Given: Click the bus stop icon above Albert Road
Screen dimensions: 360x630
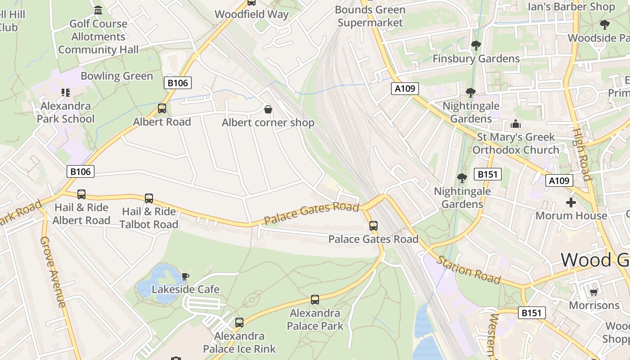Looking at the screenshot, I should (x=162, y=108).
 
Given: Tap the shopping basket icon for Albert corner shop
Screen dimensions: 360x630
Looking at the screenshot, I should (x=268, y=109).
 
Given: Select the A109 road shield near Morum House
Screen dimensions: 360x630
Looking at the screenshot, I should (x=560, y=180).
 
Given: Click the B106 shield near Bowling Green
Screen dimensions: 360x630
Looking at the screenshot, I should (x=178, y=83).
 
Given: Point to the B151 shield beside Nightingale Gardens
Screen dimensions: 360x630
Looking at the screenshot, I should (x=488, y=174).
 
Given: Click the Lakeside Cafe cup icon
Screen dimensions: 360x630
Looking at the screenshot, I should (x=185, y=276).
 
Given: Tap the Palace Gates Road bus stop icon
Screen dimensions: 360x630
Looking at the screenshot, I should (x=373, y=226).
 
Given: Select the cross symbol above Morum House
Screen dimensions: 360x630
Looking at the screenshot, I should (x=571, y=202).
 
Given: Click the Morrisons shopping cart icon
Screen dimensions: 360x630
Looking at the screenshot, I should (x=594, y=292).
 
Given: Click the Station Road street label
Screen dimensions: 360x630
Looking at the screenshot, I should (x=468, y=270).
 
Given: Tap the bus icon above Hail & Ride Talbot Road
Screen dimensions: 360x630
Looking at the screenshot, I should (x=149, y=198).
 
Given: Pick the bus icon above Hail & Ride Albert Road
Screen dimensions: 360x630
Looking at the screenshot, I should (x=81, y=194).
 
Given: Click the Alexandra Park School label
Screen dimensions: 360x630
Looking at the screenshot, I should (x=66, y=112).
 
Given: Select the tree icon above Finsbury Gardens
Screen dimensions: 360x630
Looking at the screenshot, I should (x=476, y=45).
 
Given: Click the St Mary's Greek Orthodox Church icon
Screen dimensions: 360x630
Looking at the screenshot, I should (x=516, y=124).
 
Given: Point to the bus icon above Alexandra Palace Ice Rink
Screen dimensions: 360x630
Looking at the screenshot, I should (x=239, y=323).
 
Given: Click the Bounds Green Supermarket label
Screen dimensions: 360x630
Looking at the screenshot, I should (x=370, y=16).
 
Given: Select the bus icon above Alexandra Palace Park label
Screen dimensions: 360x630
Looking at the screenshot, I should (x=315, y=300).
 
